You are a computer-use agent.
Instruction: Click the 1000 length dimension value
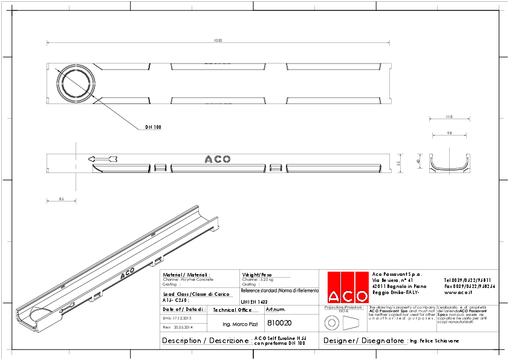coord(218,41)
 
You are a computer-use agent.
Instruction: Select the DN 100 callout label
coord(153,128)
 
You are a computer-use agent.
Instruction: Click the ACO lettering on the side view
coord(218,159)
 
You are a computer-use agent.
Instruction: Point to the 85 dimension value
coord(62,199)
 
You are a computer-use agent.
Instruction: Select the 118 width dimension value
coord(449,116)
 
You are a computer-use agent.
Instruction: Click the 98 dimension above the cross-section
coord(449,133)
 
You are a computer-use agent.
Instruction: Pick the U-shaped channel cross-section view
coord(449,164)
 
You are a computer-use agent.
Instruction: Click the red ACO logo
coord(348,287)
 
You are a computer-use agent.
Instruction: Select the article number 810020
coord(279,323)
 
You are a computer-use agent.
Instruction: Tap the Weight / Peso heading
coord(257,274)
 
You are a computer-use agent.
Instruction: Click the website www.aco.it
coord(458,292)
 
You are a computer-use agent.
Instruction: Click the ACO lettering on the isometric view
coord(128,274)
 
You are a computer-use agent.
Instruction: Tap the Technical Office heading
coord(232,310)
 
